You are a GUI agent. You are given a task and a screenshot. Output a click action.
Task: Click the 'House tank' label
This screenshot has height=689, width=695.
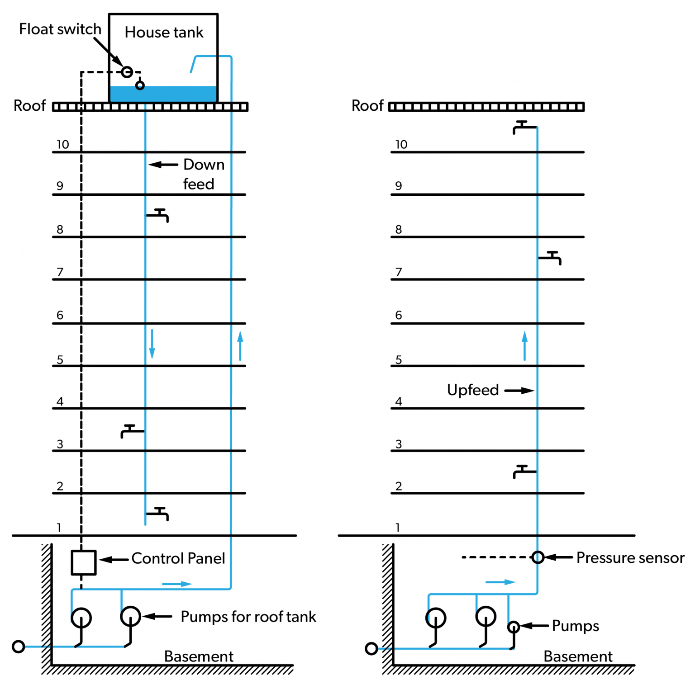click(164, 33)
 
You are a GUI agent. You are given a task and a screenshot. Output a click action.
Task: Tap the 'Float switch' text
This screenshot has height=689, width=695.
click(60, 29)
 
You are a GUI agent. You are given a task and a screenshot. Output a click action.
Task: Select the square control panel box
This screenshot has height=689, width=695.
click(83, 562)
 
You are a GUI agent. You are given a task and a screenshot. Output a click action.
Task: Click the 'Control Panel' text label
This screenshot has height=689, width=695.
click(178, 559)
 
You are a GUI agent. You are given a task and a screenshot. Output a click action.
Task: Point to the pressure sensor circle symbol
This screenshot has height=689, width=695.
click(538, 557)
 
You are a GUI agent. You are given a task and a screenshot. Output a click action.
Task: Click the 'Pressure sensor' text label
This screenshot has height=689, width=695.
click(630, 558)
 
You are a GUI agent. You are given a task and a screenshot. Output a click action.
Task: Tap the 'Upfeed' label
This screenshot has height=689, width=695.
click(472, 390)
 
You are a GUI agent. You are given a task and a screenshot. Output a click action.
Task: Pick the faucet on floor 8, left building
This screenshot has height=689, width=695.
click(158, 215)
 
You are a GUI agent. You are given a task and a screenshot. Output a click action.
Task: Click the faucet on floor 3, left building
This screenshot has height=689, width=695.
click(132, 431)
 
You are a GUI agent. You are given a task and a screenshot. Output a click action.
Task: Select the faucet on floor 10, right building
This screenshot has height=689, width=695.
click(524, 127)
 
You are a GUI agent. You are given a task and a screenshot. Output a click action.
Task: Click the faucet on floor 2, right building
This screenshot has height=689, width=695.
click(524, 471)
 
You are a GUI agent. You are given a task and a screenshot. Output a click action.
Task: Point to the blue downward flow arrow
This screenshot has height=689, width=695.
click(152, 344)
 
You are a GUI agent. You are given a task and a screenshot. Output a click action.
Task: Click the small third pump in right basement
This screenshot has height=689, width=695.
click(513, 627)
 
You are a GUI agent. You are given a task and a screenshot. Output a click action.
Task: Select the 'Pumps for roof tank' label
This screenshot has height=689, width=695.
click(248, 617)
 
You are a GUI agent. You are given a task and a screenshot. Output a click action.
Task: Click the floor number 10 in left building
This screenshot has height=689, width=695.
click(62, 145)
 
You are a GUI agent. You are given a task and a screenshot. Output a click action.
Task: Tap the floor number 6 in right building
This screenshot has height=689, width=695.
click(398, 315)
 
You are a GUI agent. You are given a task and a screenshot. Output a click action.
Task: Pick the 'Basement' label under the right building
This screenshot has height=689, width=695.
click(578, 656)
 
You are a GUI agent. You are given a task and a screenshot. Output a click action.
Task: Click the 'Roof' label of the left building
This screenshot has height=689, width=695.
click(30, 106)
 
